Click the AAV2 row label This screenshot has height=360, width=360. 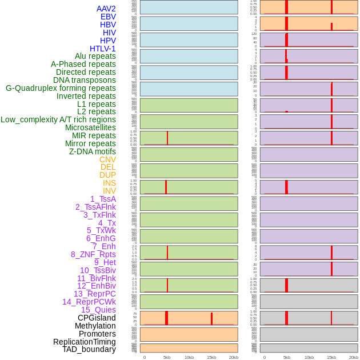tap(106, 9)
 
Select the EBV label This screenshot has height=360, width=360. tap(107, 17)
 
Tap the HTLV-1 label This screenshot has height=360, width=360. tap(102, 49)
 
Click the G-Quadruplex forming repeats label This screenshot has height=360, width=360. tap(61, 88)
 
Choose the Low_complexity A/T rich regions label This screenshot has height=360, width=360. tap(58, 119)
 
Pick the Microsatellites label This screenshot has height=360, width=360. tap(90, 127)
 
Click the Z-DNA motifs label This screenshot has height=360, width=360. tap(92, 151)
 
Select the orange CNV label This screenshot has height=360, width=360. tap(107, 159)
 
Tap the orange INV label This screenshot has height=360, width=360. tap(109, 191)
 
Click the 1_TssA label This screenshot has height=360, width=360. tap(103, 199)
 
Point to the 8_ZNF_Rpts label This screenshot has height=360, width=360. tap(93, 254)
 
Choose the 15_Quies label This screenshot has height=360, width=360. tap(98, 310)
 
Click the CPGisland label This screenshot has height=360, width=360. tap(97, 318)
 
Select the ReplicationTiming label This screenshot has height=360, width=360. tap(84, 342)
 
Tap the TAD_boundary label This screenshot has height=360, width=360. tap(89, 349)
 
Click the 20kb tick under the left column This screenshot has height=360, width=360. tap(234, 357)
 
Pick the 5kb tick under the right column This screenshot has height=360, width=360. tap(286, 357)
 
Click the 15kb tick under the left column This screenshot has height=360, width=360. tap(211, 357)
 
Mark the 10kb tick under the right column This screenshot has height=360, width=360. tap(309, 357)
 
